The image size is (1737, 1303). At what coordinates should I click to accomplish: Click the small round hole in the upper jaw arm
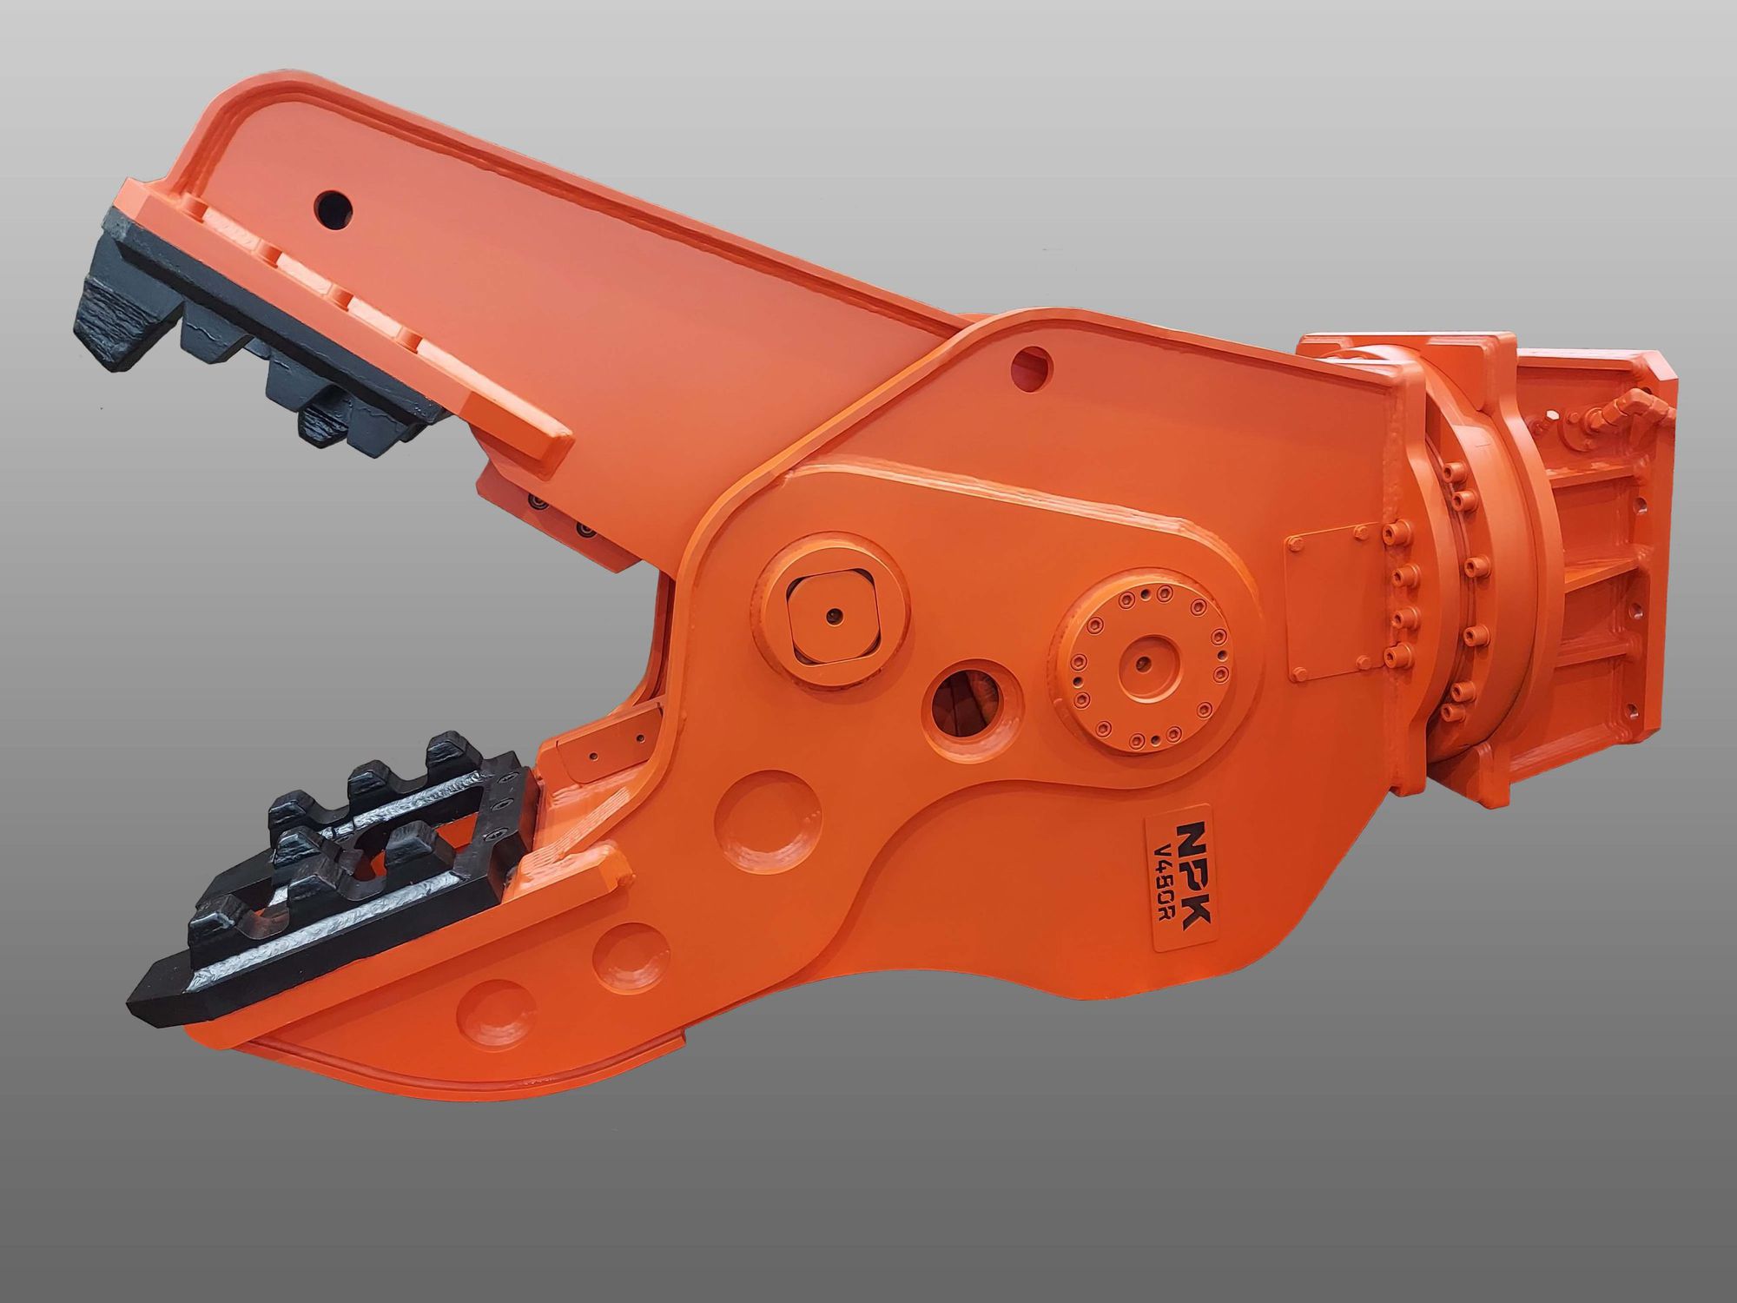click(334, 208)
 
